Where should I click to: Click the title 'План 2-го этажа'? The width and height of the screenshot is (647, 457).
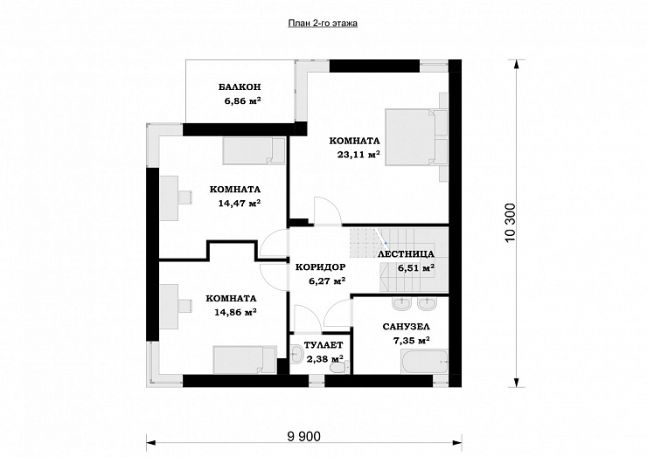323,24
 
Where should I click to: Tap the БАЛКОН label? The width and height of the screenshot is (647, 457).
240,87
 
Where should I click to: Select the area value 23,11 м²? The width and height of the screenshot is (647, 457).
358,155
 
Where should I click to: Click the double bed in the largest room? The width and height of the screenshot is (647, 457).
411,137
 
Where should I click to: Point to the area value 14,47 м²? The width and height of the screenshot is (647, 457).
240,204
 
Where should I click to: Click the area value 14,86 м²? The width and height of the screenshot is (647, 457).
235,312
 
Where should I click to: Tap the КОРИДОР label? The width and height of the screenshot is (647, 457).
321,267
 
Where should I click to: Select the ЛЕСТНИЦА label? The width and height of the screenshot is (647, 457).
406,254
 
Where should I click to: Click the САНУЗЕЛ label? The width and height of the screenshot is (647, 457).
406,327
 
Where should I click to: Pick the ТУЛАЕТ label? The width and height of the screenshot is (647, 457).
323,345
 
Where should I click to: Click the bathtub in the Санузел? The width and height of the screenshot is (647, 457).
424,362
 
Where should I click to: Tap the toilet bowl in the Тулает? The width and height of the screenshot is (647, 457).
340,367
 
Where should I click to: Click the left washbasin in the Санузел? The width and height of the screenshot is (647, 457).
402,304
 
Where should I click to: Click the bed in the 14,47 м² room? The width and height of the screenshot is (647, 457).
254,150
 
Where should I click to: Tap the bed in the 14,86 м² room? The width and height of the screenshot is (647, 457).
245,360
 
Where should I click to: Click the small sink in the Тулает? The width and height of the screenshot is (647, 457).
296,355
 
